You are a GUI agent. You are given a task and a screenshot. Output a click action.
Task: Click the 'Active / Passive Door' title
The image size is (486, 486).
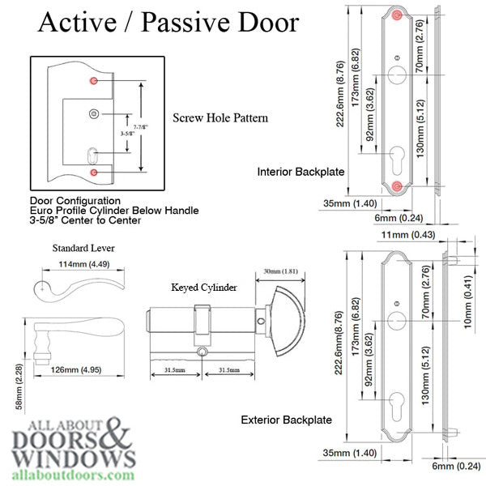click(x=168, y=23)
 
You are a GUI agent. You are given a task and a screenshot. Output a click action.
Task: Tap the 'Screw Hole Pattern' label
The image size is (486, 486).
click(x=220, y=118)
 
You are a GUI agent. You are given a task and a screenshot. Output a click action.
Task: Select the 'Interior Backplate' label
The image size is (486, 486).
click(x=301, y=172)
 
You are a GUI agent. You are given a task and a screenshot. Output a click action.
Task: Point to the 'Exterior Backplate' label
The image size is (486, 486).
click(x=286, y=420)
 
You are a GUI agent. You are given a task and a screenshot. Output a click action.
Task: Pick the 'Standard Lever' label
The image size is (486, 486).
click(x=83, y=248)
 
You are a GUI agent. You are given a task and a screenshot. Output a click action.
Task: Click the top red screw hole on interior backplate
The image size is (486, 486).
click(x=396, y=15)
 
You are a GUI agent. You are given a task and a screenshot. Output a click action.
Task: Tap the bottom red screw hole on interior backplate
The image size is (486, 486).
click(x=396, y=187)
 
